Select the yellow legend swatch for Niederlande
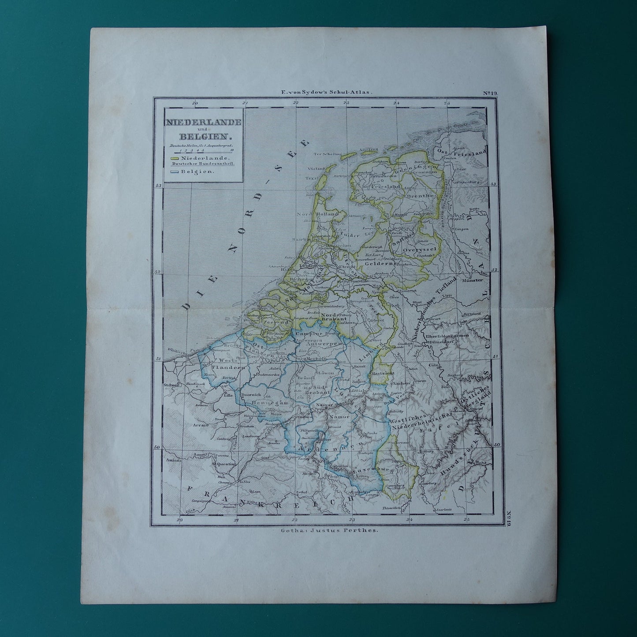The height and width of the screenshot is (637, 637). (x=174, y=157)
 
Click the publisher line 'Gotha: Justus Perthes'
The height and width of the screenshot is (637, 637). (x=328, y=531)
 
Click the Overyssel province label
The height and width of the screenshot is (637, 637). (x=419, y=249)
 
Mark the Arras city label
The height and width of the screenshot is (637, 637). (x=200, y=426)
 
